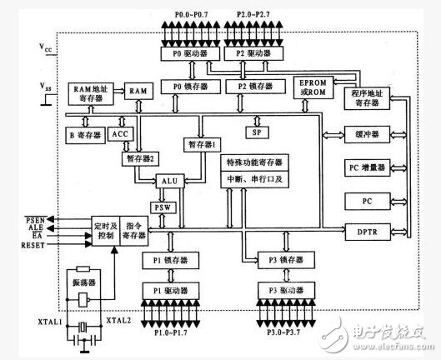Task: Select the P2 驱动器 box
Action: [247, 52]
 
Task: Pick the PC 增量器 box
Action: [367, 169]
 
